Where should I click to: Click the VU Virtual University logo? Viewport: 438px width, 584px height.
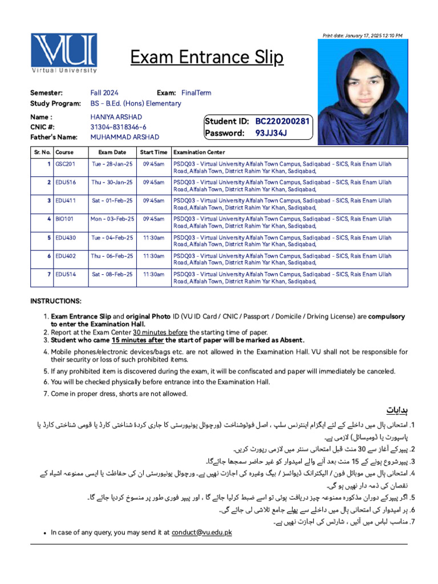pos(64,54)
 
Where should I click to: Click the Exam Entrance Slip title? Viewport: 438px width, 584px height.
pos(206,58)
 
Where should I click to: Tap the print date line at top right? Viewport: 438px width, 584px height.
pos(362,36)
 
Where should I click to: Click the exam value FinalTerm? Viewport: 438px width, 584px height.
pos(196,92)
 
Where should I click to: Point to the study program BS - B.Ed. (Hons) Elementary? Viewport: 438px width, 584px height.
pos(136,103)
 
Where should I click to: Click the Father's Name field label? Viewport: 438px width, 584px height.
pos(54,137)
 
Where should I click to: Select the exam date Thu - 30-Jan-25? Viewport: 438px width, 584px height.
pos(112,182)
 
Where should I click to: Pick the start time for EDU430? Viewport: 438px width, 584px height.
pos(153,237)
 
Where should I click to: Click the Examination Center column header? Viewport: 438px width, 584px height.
pos(199,152)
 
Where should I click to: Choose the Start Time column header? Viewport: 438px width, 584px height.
pos(153,152)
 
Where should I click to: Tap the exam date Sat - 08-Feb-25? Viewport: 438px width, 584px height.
pos(112,274)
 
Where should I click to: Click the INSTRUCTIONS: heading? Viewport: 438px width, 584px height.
pos(56,301)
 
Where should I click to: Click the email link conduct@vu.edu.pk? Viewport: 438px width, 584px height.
pos(202,533)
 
